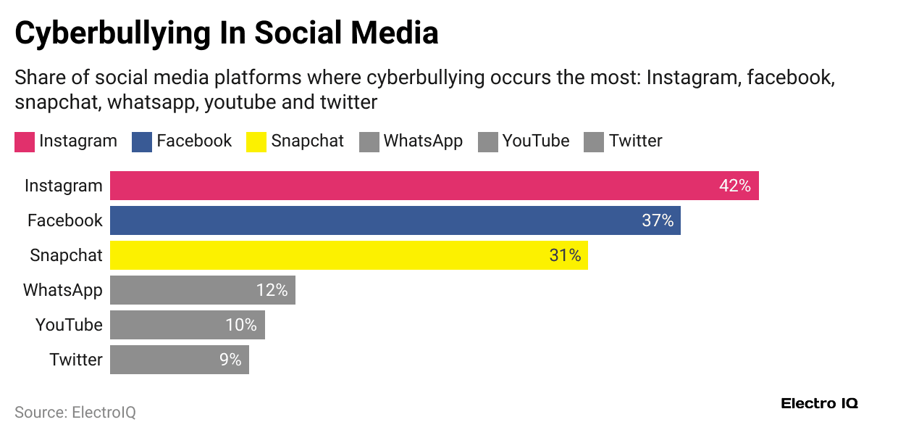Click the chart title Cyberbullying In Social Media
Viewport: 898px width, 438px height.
(x=226, y=33)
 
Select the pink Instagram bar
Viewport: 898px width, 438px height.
(x=434, y=186)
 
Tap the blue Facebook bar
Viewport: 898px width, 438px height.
(x=395, y=220)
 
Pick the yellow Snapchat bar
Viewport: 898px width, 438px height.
(x=348, y=255)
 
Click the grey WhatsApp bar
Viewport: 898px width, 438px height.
(x=202, y=290)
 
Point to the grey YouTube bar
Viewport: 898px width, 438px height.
(x=187, y=325)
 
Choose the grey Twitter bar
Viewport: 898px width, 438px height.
(x=179, y=360)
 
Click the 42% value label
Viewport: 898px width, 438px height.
(x=734, y=186)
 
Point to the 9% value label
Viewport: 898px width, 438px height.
(x=230, y=360)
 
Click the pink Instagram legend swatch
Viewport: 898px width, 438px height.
(x=25, y=141)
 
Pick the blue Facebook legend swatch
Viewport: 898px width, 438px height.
(x=142, y=141)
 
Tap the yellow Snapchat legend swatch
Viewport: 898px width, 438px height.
(x=256, y=141)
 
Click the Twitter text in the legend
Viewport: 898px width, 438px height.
(x=635, y=141)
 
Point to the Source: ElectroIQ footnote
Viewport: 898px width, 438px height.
(x=75, y=413)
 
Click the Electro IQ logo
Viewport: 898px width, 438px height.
(x=819, y=404)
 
